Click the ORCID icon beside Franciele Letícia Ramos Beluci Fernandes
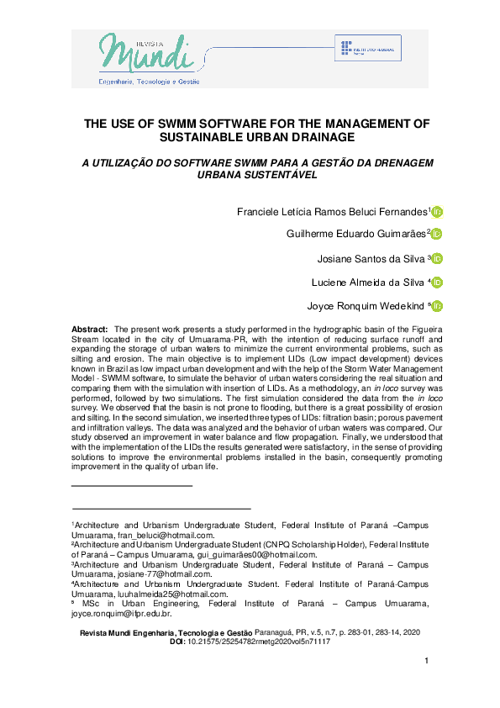click(437, 212)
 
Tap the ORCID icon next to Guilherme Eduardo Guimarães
click(437, 235)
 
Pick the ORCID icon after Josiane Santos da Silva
click(437, 258)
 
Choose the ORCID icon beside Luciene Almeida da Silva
click(437, 282)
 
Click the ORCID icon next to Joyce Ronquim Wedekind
click(437, 306)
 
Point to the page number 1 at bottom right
click(426, 662)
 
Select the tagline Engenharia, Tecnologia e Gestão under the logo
click(150, 82)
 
